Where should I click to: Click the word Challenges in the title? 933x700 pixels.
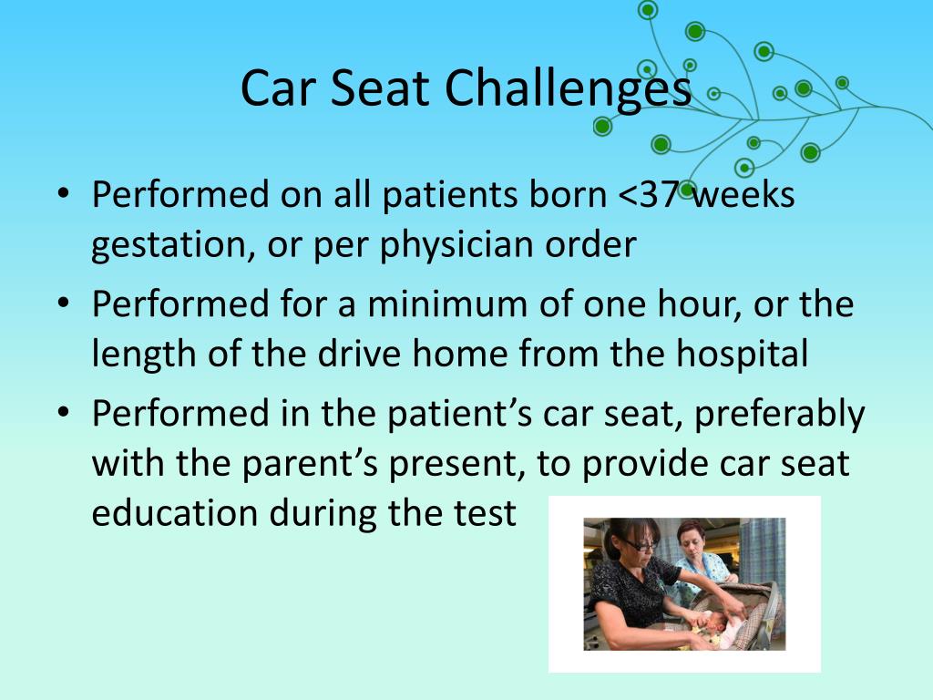568,89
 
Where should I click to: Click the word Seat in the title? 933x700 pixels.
379,88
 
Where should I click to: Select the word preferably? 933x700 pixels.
779,415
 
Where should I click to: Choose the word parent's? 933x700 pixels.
310,464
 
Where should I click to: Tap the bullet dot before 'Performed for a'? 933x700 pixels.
63,303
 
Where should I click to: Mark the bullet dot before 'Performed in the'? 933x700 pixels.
63,412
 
